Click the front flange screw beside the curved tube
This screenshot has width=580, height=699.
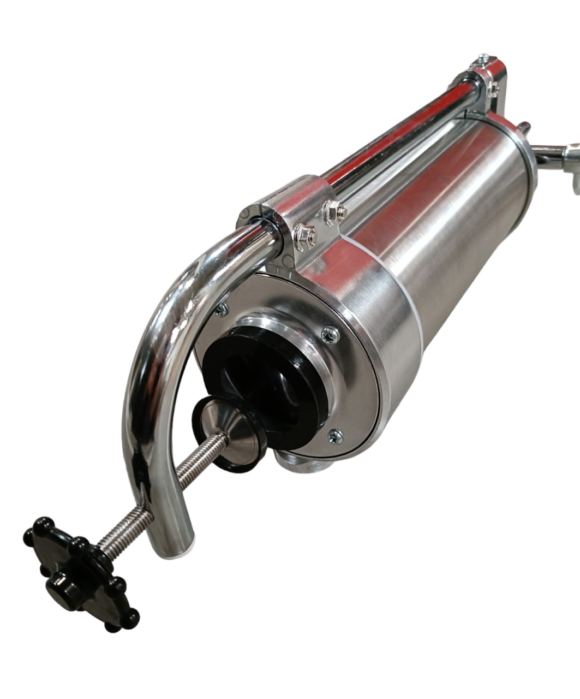tap(222, 310)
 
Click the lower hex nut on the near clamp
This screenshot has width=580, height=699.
tap(303, 234)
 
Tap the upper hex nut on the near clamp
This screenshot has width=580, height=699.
tap(332, 210)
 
